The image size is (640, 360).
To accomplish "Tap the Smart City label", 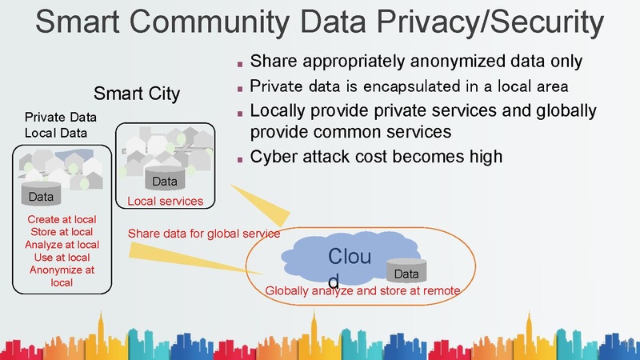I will click(x=137, y=94).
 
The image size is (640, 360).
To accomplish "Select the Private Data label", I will click(x=61, y=118).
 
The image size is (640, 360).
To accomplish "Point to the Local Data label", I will click(x=56, y=132).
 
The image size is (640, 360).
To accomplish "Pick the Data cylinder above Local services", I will click(x=165, y=182).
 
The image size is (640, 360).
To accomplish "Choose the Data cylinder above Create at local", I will click(x=41, y=197).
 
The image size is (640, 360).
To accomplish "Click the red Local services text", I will click(x=166, y=201).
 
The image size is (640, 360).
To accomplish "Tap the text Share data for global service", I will click(x=204, y=234).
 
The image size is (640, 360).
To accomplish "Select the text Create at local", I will click(x=62, y=219).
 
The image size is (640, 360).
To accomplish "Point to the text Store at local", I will click(x=62, y=232).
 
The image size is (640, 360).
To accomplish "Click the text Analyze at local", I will click(x=62, y=245).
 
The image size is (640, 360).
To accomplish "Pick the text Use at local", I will click(x=62, y=258).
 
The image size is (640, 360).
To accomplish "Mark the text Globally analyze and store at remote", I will click(x=362, y=290).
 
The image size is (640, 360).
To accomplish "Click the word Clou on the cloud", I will click(x=350, y=257).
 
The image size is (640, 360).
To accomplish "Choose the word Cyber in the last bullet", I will click(x=274, y=156).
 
